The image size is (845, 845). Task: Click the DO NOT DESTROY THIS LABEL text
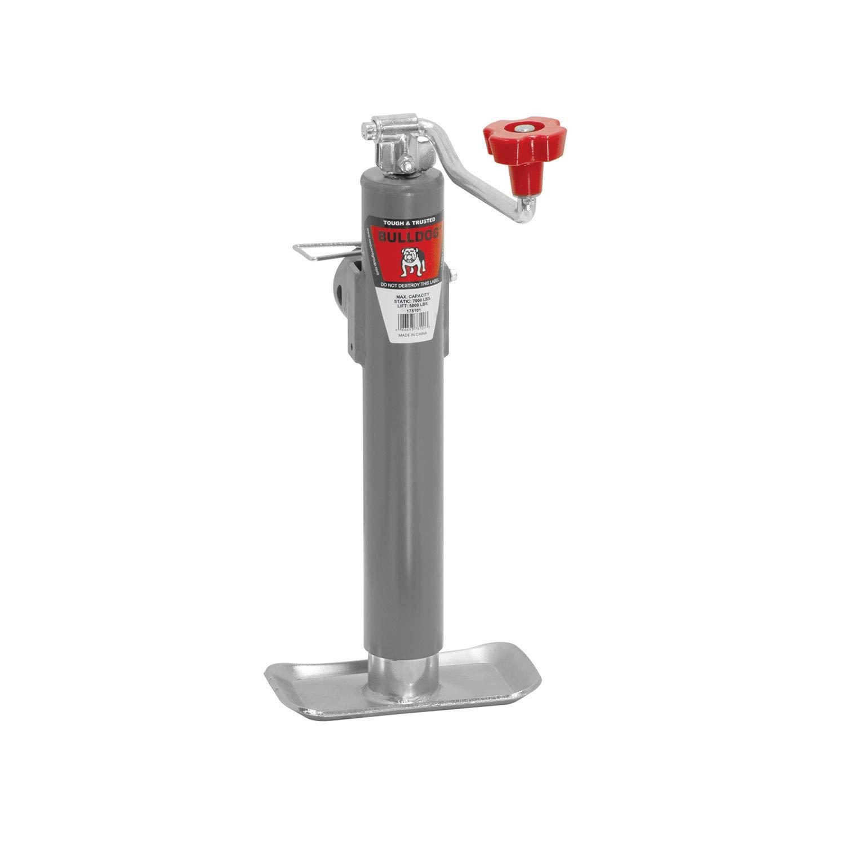(415, 286)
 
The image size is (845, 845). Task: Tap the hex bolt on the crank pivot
(405, 166)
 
